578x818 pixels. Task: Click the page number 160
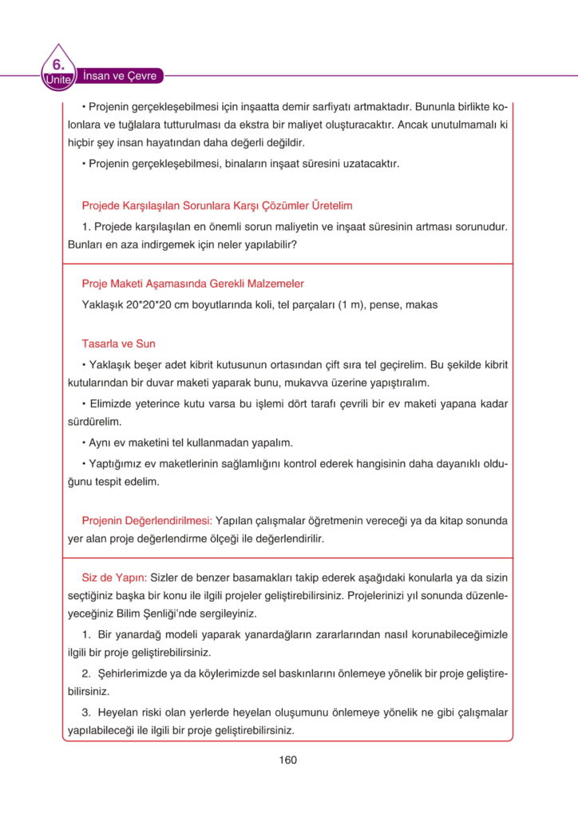[x=288, y=760]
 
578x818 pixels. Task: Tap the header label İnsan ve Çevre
[x=120, y=76]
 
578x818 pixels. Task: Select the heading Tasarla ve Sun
[x=118, y=343]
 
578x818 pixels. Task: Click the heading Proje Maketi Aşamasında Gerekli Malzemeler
[x=192, y=284]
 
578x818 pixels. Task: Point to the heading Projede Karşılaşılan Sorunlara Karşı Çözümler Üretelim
[x=217, y=205]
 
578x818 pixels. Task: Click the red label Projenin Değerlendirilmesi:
[x=146, y=520]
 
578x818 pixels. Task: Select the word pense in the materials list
[x=387, y=304]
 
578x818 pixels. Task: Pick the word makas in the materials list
[x=424, y=304]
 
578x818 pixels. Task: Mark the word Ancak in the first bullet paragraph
[x=413, y=125]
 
